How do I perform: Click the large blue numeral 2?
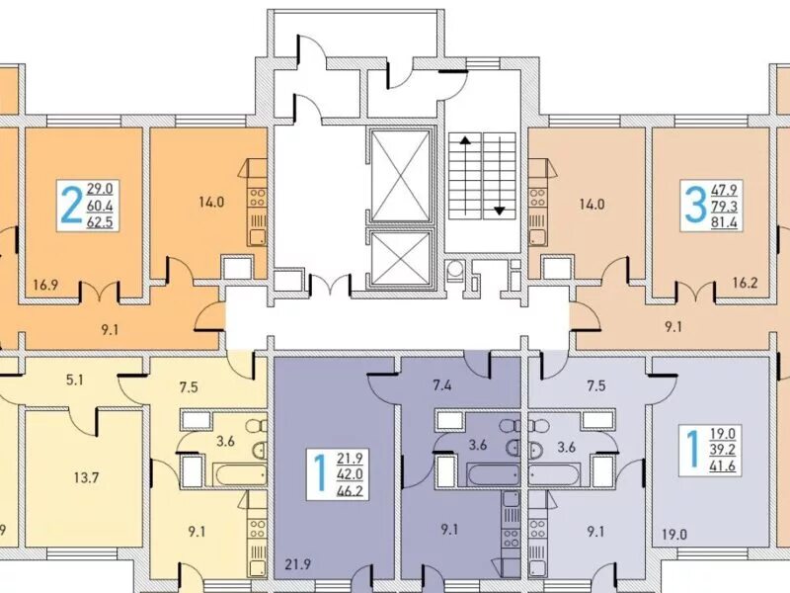tap(70, 205)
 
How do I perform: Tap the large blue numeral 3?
tap(695, 206)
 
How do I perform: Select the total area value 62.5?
tap(100, 221)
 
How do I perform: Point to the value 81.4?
tap(724, 222)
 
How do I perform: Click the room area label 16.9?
tap(45, 285)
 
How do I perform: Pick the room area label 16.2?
tap(746, 283)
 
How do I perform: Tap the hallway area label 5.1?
tap(75, 380)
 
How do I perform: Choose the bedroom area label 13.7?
tap(86, 477)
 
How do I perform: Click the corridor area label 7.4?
tap(441, 386)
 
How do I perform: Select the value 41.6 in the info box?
tap(723, 466)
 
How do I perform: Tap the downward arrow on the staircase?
tap(500, 175)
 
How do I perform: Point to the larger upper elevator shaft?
tap(402, 175)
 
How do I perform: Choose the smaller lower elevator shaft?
tap(402, 259)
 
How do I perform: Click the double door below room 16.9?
tap(100, 291)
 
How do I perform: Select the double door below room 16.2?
tap(695, 291)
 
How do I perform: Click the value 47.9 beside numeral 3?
tap(724, 190)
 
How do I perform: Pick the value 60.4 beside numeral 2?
tap(100, 206)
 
